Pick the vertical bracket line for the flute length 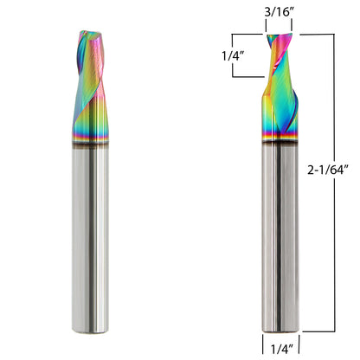[x=233, y=56]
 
